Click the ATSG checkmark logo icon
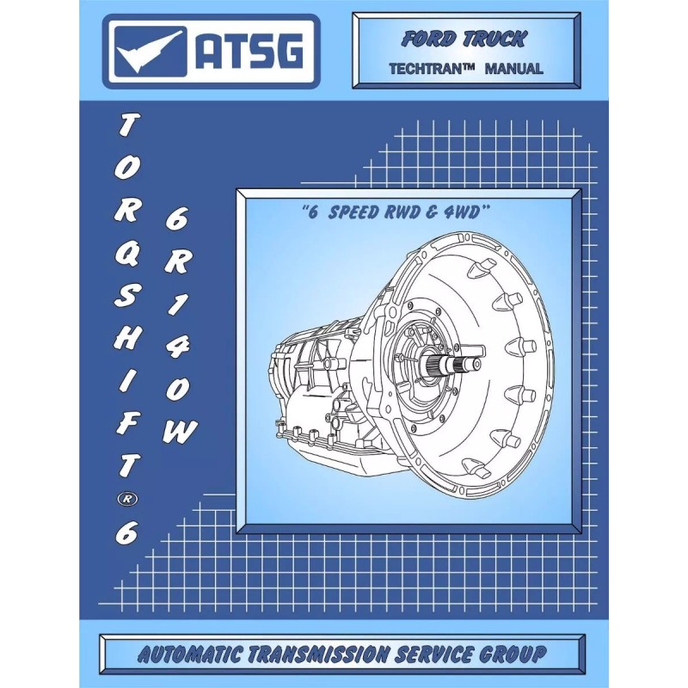point(148,52)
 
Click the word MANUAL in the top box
point(514,69)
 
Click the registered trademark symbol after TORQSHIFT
point(123,498)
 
